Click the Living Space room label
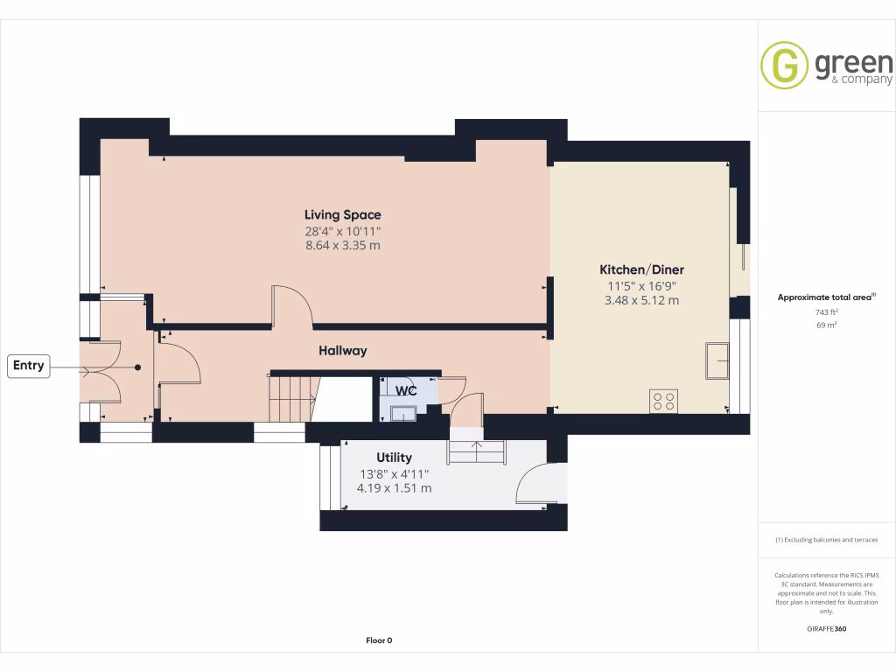[342, 214]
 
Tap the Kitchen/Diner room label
[641, 269]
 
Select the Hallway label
[342, 351]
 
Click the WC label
[405, 389]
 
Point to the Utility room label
[394, 458]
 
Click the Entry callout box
[29, 367]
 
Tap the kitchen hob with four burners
[663, 401]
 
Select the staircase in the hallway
[291, 398]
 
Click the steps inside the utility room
[477, 451]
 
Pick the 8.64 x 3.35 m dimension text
[342, 246]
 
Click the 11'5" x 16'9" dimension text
[641, 285]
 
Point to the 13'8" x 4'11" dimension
[394, 473]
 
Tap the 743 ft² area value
[826, 312]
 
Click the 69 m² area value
[826, 325]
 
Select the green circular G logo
[784, 66]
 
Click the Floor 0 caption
[378, 640]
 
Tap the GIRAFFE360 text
[826, 629]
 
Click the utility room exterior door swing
[535, 485]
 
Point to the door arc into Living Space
[292, 304]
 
